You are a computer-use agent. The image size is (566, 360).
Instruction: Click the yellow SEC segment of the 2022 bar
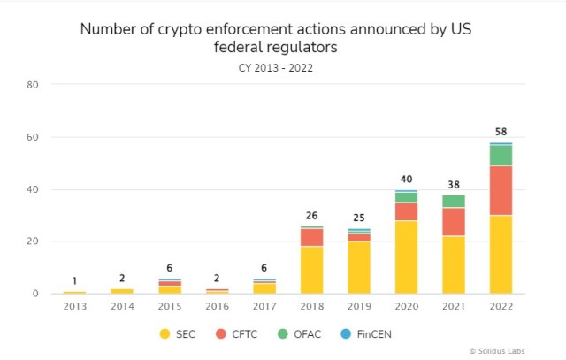click(x=501, y=254)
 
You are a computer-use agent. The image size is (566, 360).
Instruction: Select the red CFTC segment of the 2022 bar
click(x=501, y=190)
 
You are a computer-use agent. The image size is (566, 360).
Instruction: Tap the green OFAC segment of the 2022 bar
click(x=501, y=155)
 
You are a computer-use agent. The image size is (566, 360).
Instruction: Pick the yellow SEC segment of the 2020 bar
click(x=406, y=257)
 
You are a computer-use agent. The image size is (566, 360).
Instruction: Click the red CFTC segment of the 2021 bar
click(x=454, y=222)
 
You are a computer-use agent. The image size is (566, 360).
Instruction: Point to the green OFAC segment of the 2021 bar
click(x=454, y=202)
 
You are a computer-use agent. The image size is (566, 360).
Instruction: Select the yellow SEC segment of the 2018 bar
click(x=311, y=270)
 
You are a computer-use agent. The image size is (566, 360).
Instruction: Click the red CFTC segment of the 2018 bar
click(x=311, y=237)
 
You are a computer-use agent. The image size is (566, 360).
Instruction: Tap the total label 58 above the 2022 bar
click(x=501, y=132)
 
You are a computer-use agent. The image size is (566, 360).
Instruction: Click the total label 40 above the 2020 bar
click(x=406, y=180)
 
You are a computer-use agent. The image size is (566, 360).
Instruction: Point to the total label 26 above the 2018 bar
click(x=311, y=215)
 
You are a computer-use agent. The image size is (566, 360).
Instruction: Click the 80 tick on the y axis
click(x=33, y=85)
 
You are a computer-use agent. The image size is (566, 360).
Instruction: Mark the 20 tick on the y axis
click(x=33, y=241)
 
